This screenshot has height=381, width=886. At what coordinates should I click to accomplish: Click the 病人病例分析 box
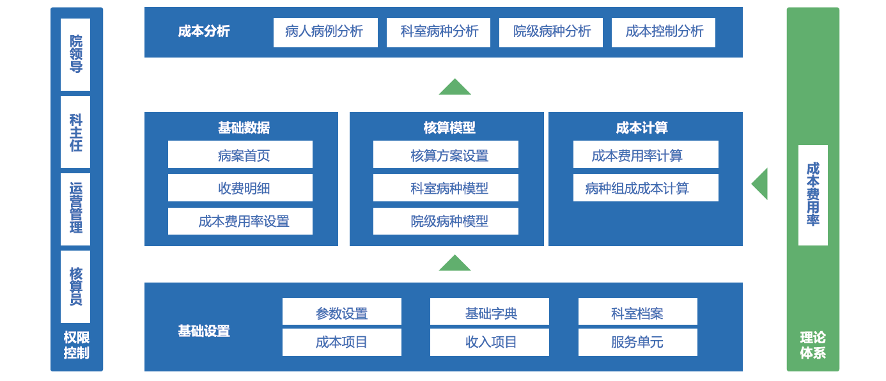click(x=325, y=33)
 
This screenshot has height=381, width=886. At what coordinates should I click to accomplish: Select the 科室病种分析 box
click(x=439, y=33)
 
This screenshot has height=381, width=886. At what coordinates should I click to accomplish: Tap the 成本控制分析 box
click(x=664, y=33)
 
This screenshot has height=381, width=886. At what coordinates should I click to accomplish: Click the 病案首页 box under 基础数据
click(x=240, y=154)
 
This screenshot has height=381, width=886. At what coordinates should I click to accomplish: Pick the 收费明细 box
click(x=240, y=187)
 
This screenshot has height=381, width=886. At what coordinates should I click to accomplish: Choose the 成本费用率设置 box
click(x=240, y=221)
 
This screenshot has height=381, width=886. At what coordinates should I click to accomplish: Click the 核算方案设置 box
click(x=446, y=154)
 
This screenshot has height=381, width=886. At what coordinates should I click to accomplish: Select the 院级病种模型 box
click(x=446, y=221)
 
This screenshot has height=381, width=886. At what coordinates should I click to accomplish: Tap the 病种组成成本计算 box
click(x=646, y=187)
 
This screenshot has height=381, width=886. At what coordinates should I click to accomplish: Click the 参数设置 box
click(x=342, y=311)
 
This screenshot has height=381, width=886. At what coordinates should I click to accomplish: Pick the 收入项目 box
click(x=490, y=342)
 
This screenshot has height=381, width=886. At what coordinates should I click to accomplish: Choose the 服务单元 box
click(x=637, y=342)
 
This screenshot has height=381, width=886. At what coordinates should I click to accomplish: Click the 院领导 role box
click(x=75, y=54)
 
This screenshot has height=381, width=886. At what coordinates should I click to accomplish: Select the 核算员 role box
click(x=75, y=286)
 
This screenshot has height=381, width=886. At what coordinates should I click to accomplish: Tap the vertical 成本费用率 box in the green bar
click(x=813, y=195)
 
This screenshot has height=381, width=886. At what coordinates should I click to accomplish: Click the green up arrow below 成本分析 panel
click(x=455, y=87)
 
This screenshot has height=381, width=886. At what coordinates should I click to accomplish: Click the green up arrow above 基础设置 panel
click(x=455, y=263)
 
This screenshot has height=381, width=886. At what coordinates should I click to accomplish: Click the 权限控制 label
click(x=77, y=345)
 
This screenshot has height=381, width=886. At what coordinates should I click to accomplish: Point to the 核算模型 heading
click(x=449, y=127)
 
